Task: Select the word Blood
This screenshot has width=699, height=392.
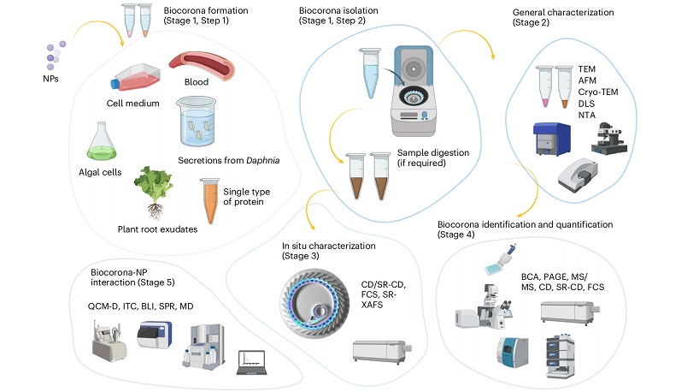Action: (x=197, y=82)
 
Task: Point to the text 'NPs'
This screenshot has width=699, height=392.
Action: (x=52, y=80)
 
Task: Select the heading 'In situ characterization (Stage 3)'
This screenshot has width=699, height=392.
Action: (x=329, y=251)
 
